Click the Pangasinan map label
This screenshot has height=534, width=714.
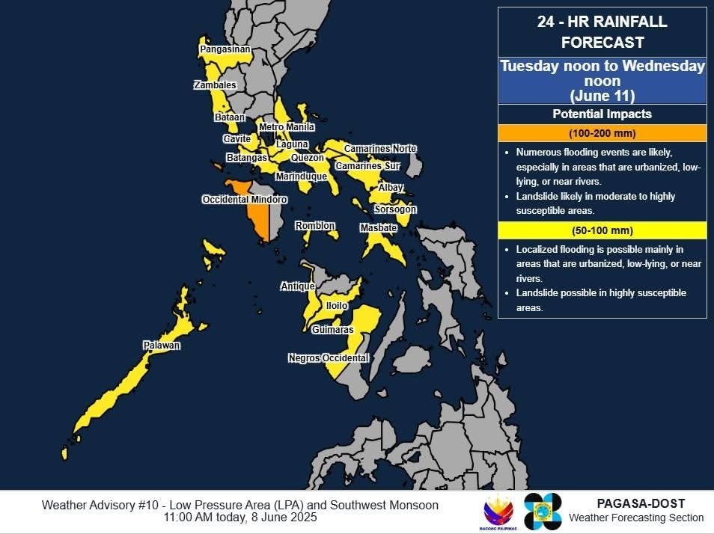pos(225,49)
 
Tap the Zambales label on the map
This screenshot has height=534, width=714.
pos(215,85)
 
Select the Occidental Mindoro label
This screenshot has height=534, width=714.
pos(245,200)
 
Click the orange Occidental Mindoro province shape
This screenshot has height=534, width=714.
pos(257,217)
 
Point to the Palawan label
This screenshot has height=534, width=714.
pos(162,346)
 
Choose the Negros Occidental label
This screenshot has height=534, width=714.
pos(329,358)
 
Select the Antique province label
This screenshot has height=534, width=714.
pos(298,286)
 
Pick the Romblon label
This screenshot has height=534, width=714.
pos(314,226)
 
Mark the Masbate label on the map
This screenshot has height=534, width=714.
pos(378,228)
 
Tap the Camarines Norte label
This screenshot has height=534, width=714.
pos(379,149)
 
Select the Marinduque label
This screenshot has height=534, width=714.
pos(301,177)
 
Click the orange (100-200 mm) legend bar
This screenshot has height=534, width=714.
pos(602,133)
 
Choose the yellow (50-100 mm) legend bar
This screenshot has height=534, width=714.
pos(602,230)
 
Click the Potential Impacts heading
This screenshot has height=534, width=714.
pos(602,114)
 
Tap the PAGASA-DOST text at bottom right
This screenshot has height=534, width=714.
pos(641,504)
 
